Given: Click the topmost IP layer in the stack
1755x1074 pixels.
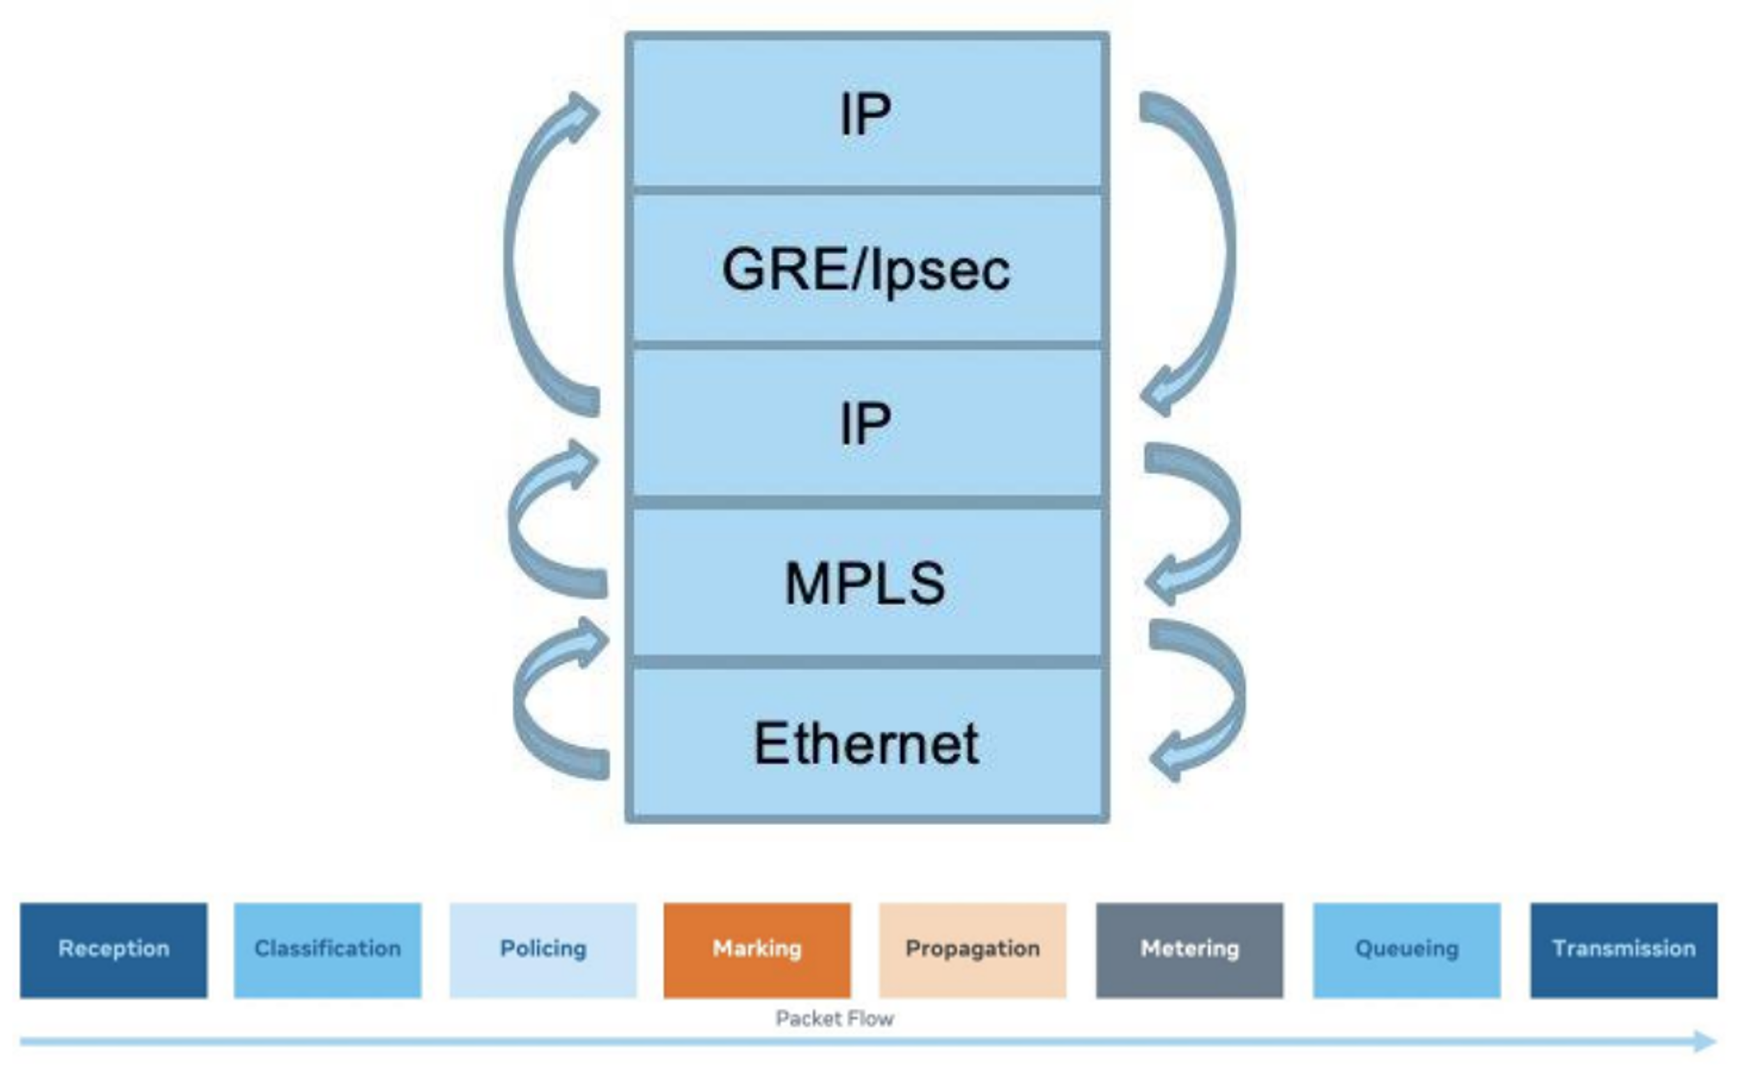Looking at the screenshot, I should click(x=866, y=114).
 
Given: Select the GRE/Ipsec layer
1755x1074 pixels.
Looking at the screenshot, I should click(x=866, y=269).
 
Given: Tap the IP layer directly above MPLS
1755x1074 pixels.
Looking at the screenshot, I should click(x=866, y=423).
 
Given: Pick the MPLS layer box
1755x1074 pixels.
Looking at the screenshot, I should click(x=866, y=583).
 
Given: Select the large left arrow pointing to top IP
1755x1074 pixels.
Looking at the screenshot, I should click(x=520, y=249).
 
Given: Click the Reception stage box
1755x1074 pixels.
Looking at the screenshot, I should click(x=114, y=950).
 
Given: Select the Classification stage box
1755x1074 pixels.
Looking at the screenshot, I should click(x=327, y=950).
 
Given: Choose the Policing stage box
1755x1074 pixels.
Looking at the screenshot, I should click(x=543, y=950).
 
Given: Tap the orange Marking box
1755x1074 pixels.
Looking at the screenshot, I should click(x=757, y=950).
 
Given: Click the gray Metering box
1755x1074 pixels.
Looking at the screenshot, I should click(x=1189, y=950).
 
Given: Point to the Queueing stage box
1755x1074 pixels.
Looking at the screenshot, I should click(x=1407, y=950).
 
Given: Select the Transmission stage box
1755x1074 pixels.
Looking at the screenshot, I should click(x=1624, y=950).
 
